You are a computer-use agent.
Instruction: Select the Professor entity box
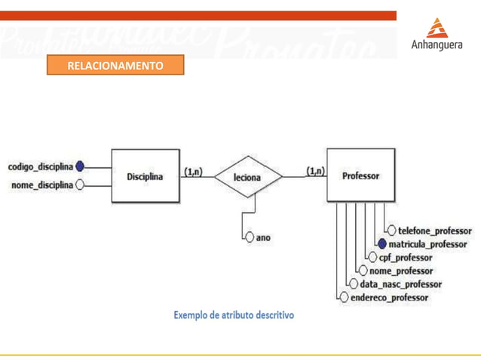point(360,176)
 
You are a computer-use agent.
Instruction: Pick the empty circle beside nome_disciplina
point(80,185)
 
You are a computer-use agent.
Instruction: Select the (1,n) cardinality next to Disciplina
point(193,172)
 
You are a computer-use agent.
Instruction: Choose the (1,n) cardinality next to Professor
point(315,172)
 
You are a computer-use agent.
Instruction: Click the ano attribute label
point(263,237)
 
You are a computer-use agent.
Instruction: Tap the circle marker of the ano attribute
point(250,237)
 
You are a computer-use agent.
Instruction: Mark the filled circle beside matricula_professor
point(382,244)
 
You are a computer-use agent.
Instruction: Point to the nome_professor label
point(401,270)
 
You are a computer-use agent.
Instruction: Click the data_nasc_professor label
point(400,284)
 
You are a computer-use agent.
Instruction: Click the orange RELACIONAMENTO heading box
point(115,66)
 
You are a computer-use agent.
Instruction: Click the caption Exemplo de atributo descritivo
point(234,314)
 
